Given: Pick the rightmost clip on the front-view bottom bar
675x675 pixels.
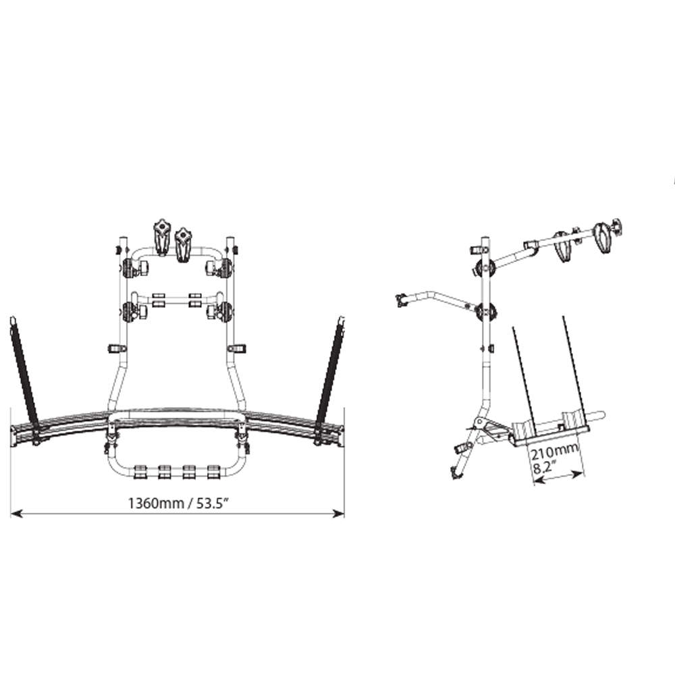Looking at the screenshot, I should point(215,470).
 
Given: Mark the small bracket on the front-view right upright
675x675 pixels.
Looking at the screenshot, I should point(237,348).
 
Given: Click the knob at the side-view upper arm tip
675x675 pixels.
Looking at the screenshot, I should point(614,227).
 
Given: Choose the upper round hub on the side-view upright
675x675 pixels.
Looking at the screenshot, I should point(484,267).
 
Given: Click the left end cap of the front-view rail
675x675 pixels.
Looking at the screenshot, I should point(13,436).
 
